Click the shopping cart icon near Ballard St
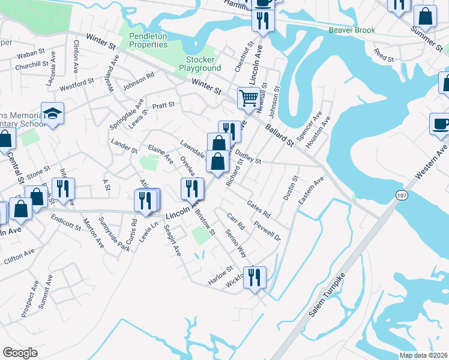(248, 97)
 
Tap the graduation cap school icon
(53, 113)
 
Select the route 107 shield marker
(401, 194)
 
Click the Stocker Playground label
(203, 64)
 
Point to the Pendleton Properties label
(148, 40)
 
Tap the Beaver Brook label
(352, 30)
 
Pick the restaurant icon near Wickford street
(255, 277)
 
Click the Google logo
(20, 352)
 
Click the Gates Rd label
(259, 210)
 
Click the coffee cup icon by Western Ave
(441, 124)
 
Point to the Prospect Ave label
(30, 298)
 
